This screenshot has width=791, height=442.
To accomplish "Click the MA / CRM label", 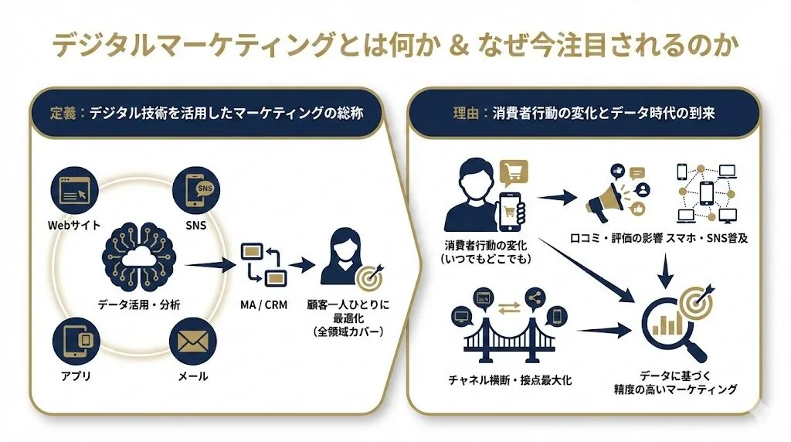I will pos(263,304).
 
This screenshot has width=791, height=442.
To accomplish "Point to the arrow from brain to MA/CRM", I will pos(210,265).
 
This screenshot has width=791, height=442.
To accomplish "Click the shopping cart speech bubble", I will pos(514,170).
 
